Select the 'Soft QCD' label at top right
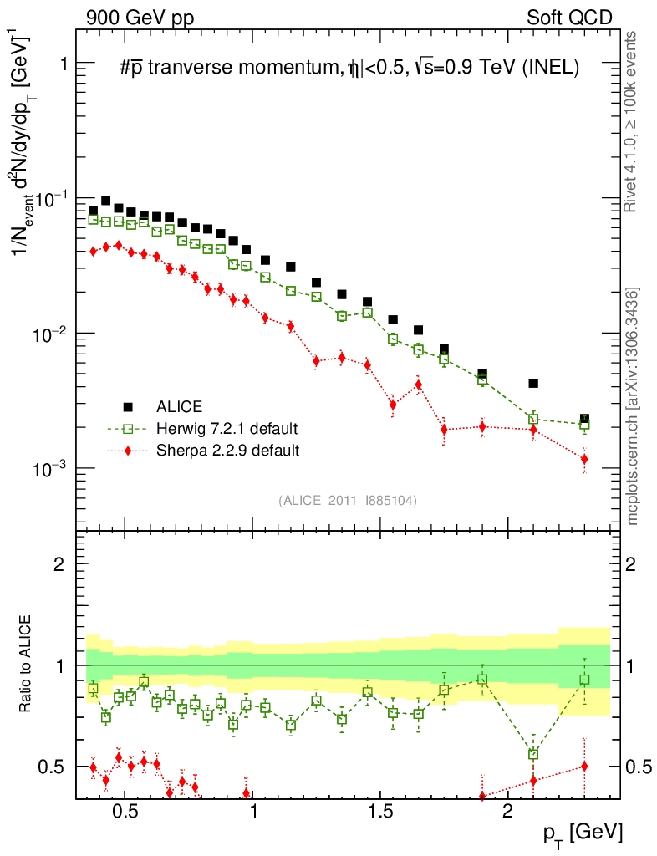[x=569, y=18]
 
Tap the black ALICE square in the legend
[x=128, y=407]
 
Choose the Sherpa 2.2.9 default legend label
[x=228, y=451]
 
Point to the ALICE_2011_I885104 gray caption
[x=348, y=500]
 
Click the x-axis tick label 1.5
[x=380, y=812]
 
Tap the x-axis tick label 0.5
[x=125, y=812]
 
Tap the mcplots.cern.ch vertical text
[x=633, y=406]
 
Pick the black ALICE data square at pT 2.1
[x=533, y=384]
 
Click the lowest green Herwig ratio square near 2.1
[x=533, y=754]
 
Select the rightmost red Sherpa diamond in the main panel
[x=584, y=459]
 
